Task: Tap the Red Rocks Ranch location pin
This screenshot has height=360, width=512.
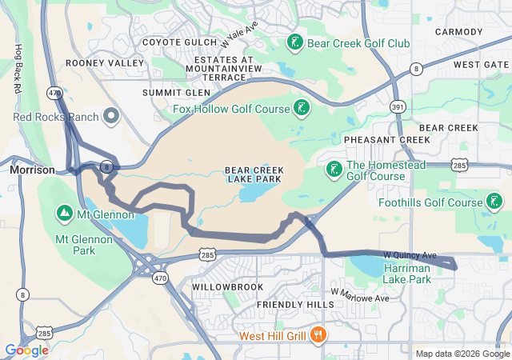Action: [111, 118]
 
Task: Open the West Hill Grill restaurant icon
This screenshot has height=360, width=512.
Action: [318, 334]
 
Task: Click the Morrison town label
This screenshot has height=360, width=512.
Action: [32, 170]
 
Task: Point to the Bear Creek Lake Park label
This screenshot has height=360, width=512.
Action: [253, 175]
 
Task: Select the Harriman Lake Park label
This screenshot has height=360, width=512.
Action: [406, 274]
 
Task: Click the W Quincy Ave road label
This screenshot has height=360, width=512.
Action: [411, 254]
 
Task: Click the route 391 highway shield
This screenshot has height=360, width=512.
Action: [398, 105]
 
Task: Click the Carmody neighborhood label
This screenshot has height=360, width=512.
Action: [458, 32]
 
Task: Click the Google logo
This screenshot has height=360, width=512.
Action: [26, 350]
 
